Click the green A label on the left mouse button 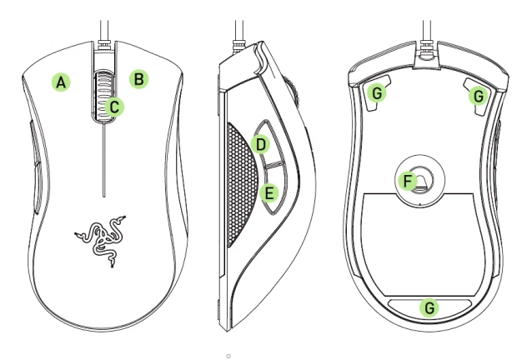(61, 82)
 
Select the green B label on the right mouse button (140, 80)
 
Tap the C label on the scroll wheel (116, 106)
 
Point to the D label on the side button (261, 145)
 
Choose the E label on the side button (268, 193)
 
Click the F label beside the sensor (408, 179)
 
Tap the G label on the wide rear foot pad (429, 307)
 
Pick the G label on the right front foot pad (478, 97)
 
